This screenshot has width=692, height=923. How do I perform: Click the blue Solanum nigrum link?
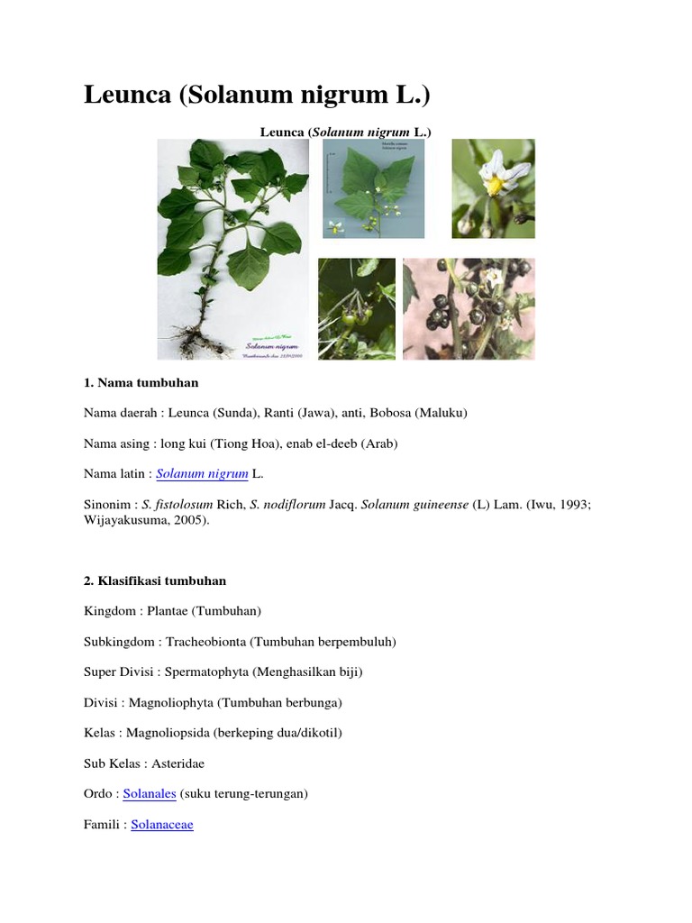pyautogui.click(x=203, y=473)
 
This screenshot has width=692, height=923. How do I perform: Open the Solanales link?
pyautogui.click(x=150, y=794)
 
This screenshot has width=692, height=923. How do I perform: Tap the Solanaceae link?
pyautogui.click(x=162, y=824)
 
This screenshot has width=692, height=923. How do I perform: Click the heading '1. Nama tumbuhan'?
pyautogui.click(x=141, y=383)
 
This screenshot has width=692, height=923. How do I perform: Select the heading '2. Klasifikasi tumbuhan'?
pyautogui.click(x=155, y=581)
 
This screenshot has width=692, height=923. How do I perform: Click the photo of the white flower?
pyautogui.click(x=493, y=187)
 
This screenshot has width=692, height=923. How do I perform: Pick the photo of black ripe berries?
pyautogui.click(x=469, y=309)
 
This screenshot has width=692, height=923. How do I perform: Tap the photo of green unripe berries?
pyautogui.click(x=357, y=309)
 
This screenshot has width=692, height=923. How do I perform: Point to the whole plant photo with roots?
pyautogui.click(x=232, y=250)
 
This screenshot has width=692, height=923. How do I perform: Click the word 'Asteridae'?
pyautogui.click(x=178, y=763)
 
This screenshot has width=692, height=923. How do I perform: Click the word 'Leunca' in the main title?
pyautogui.click(x=127, y=96)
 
